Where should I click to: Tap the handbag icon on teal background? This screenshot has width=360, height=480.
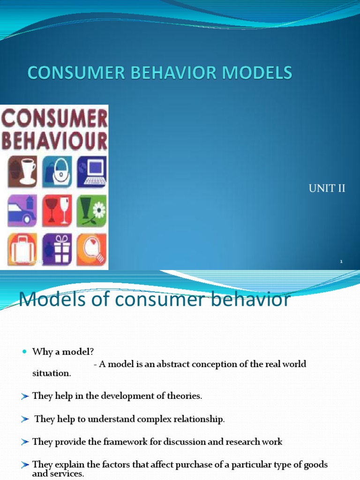[x=58, y=171]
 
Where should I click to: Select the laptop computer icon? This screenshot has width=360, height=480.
[x=91, y=171]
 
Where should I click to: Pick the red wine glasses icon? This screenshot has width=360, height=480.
[x=58, y=210]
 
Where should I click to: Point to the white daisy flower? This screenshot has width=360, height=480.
[x=99, y=210]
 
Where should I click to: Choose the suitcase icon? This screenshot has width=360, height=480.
[x=22, y=248]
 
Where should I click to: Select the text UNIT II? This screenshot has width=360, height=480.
[x=327, y=188]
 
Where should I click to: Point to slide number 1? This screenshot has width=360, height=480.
[x=342, y=262]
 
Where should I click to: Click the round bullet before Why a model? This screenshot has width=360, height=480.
[x=25, y=352]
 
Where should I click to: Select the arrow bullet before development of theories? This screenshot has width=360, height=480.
[x=25, y=396]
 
